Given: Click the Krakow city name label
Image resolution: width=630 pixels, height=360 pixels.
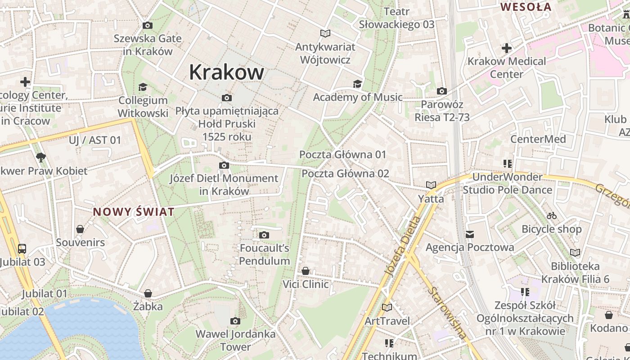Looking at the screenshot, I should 226,72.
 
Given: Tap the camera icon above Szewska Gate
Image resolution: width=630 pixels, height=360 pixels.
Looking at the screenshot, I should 147,26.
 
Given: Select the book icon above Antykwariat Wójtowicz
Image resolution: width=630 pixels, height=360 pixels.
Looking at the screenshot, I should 325,33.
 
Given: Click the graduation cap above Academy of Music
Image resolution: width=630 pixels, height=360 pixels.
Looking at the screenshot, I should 357,84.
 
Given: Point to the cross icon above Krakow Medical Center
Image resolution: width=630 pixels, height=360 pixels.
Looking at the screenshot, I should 507,48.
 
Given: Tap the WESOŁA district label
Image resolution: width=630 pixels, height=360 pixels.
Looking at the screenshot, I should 526,7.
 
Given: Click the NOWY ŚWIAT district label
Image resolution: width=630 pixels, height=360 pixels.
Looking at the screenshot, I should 133,212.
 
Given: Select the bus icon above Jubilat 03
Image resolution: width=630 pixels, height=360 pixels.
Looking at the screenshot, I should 22,248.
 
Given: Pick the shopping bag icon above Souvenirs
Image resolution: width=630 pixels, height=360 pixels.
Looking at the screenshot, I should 80,229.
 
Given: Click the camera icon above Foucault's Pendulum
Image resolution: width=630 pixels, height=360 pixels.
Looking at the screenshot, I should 264,235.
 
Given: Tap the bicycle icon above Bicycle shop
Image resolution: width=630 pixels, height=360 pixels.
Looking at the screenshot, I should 552,216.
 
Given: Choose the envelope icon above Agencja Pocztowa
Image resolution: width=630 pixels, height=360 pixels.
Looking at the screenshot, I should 470,234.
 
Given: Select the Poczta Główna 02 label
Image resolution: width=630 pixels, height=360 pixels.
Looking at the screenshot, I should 345,174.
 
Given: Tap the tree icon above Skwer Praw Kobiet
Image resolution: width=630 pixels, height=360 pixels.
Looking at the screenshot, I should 41,157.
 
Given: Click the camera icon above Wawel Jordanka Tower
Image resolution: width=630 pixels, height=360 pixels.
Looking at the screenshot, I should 235,321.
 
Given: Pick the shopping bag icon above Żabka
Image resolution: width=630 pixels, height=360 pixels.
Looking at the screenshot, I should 148,294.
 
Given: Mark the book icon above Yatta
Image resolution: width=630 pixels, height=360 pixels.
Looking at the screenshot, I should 431,185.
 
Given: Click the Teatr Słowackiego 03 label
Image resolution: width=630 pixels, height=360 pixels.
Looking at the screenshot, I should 396,18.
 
